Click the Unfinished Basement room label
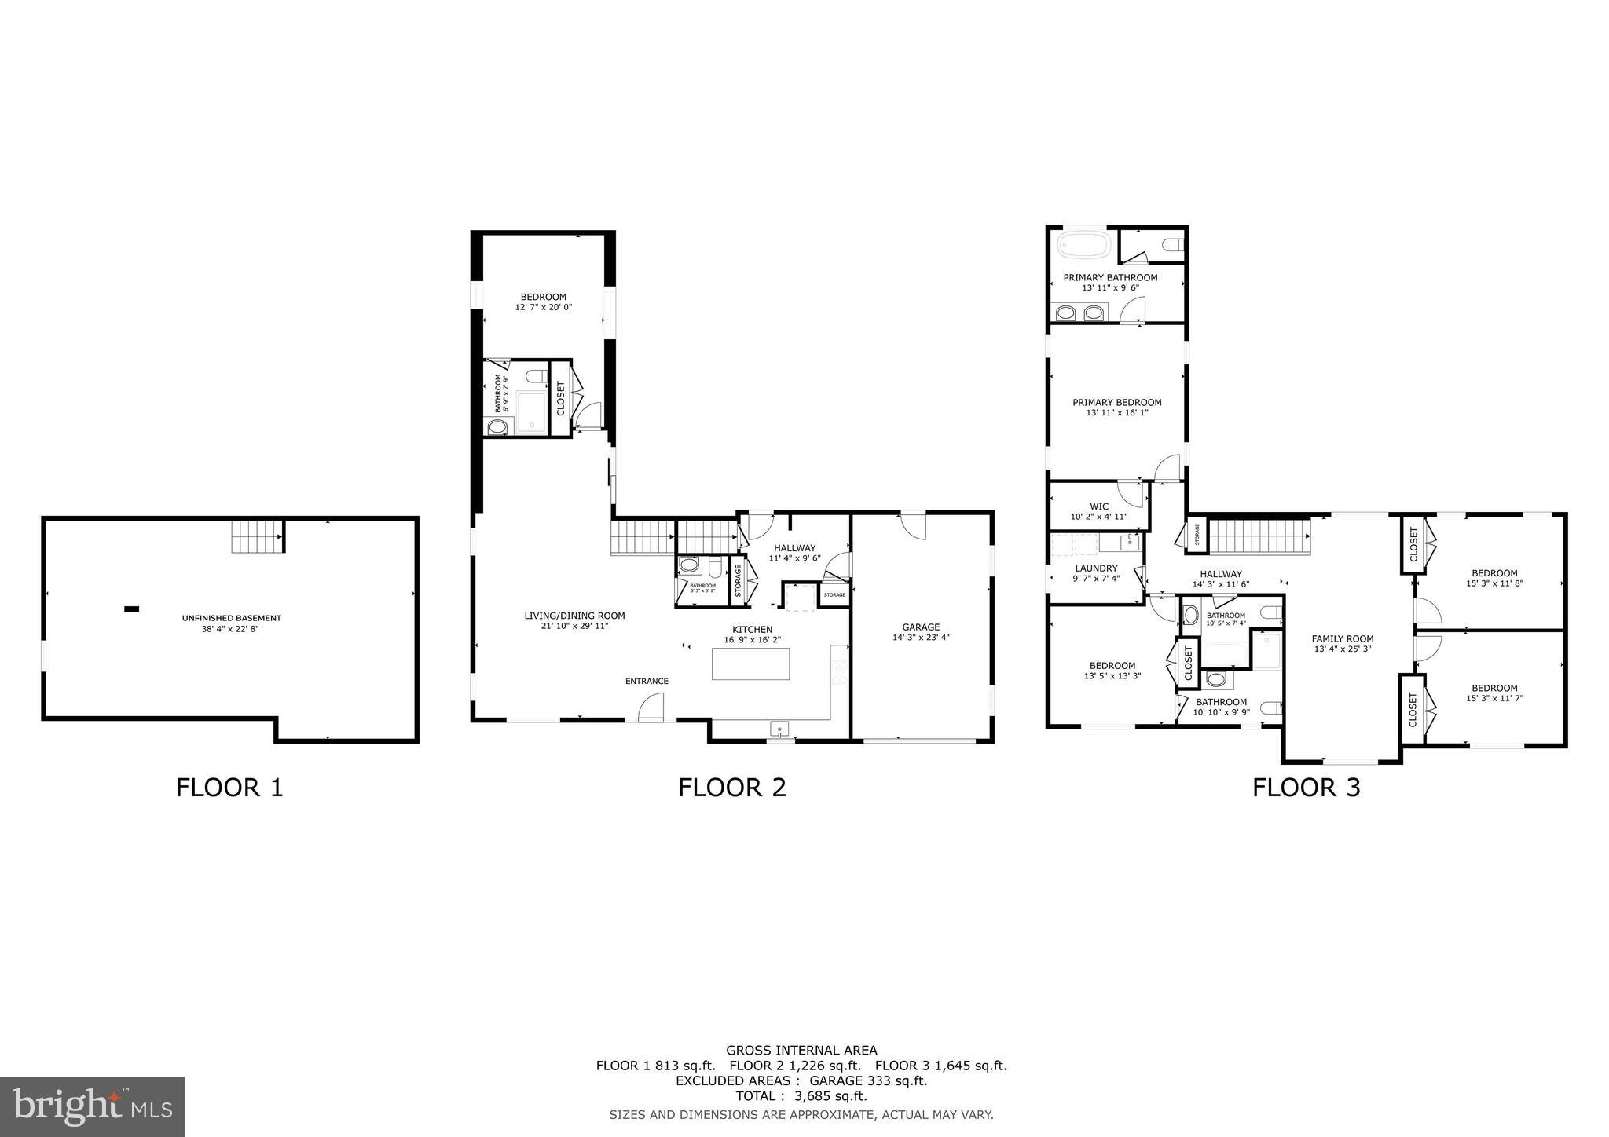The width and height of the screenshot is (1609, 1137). (x=231, y=618)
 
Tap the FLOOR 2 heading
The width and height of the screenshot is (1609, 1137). (x=731, y=787)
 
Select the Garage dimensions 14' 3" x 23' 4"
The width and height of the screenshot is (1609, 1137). (x=921, y=638)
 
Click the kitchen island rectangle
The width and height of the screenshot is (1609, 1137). (x=750, y=664)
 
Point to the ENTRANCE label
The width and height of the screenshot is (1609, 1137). (x=647, y=681)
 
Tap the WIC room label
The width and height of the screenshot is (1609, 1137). (x=1098, y=506)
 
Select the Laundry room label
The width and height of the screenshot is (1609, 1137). (x=1095, y=568)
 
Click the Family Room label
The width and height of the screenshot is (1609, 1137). (x=1342, y=638)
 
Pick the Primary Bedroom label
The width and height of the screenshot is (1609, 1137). (x=1116, y=402)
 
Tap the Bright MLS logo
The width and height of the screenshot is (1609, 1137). (x=92, y=1106)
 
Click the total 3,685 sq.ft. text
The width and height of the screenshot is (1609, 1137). (x=801, y=1095)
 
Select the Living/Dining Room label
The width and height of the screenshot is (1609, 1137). (x=574, y=616)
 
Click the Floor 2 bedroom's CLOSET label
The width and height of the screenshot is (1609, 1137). (x=560, y=398)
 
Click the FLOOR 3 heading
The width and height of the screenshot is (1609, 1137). (x=1306, y=787)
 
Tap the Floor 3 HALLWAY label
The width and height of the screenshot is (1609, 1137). (x=1220, y=574)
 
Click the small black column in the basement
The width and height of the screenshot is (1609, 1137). (x=131, y=609)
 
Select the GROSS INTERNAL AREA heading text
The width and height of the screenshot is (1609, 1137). (x=801, y=1050)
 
